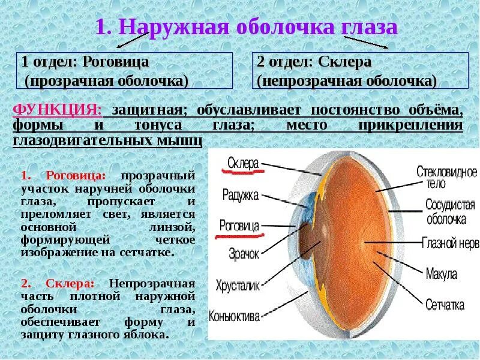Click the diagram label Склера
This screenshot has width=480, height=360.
242,163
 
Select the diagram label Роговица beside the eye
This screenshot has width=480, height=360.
239,226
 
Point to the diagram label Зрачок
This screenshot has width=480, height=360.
243,254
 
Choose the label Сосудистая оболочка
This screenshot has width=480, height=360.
450,212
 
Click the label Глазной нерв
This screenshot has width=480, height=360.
451,243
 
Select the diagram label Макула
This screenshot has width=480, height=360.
441,274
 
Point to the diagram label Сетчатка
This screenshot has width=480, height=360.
445,305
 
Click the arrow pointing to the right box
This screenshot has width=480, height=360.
366,42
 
